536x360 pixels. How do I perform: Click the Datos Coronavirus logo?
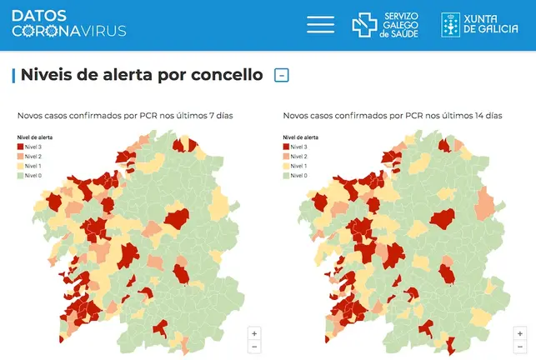[x=69, y=23]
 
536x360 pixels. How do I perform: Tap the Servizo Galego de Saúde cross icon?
[x=364, y=25]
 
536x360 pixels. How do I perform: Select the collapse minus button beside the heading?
[x=282, y=75]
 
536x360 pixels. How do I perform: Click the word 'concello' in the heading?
[x=223, y=75]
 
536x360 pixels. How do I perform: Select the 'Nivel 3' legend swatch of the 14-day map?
[x=288, y=146]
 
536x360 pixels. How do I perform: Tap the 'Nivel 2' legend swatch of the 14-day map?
[x=288, y=156]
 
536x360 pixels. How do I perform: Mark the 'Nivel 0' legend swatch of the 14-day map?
[x=288, y=175]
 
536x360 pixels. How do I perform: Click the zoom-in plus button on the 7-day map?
[x=254, y=332]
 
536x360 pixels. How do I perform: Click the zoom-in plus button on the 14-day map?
[x=520, y=332]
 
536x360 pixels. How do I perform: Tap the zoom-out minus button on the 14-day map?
[x=520, y=346]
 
